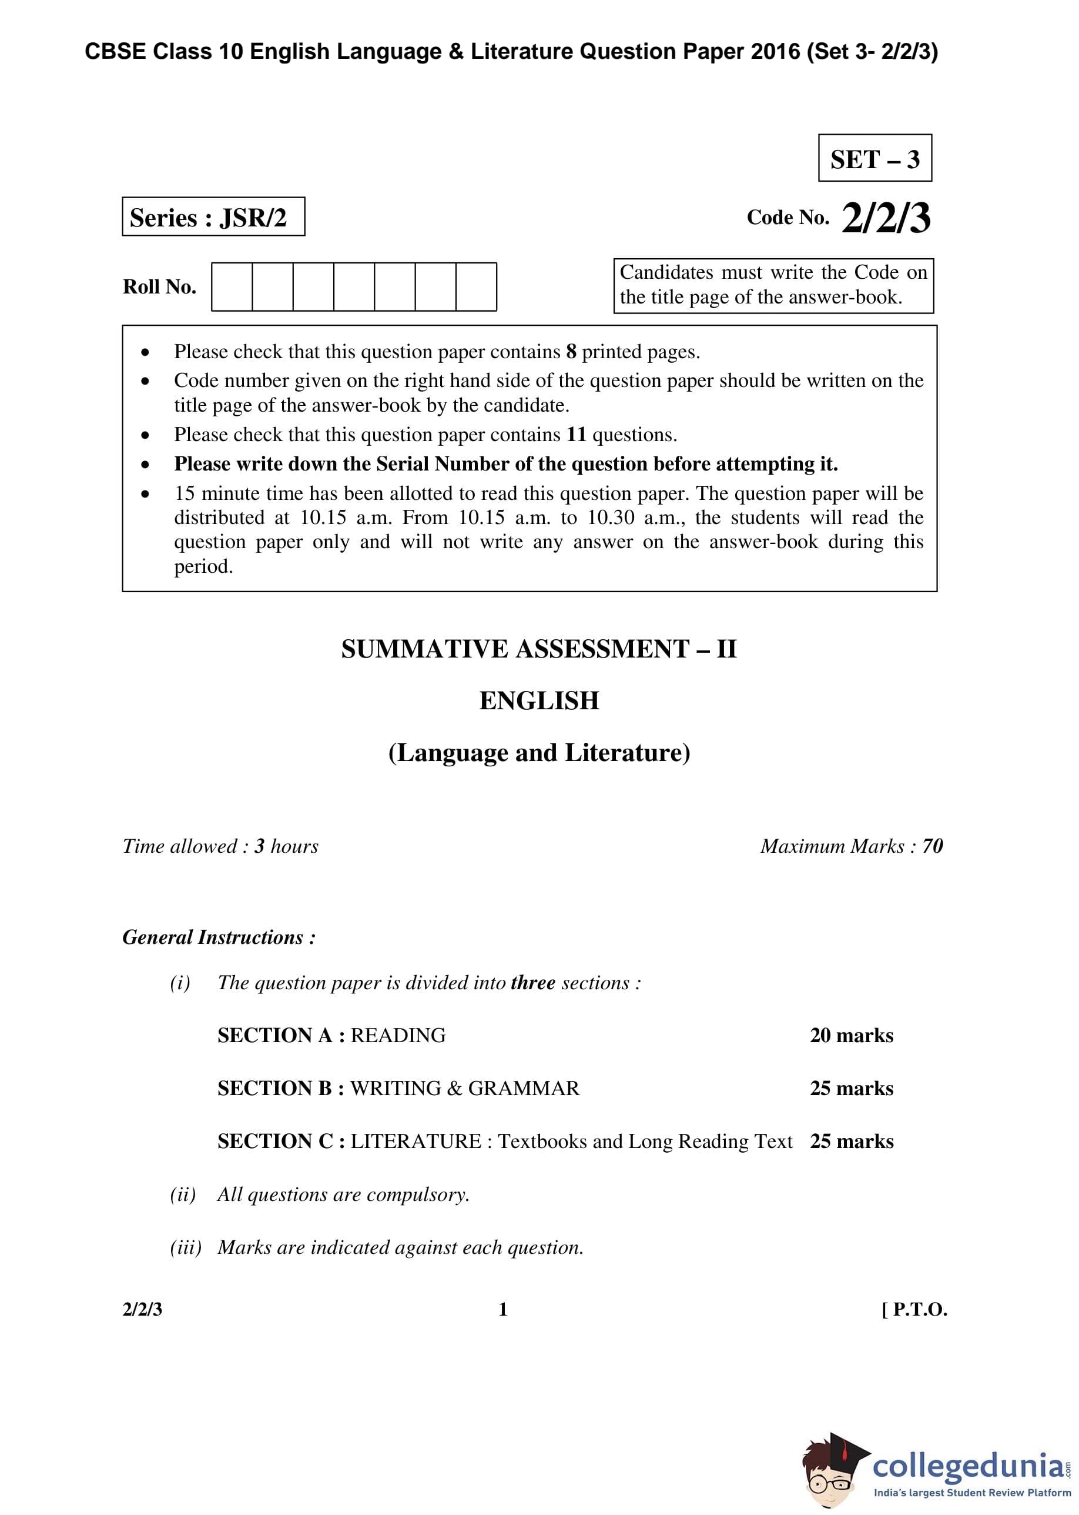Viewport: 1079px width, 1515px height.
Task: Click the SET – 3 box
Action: pyautogui.click(x=874, y=158)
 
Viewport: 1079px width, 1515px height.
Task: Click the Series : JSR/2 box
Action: pyautogui.click(x=213, y=216)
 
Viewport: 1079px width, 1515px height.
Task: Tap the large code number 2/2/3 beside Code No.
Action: pyautogui.click(x=886, y=218)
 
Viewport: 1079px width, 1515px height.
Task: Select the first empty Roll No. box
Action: pyautogui.click(x=232, y=286)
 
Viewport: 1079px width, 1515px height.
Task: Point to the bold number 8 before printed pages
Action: pyautogui.click(x=571, y=352)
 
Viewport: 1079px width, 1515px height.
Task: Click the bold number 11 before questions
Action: pyautogui.click(x=576, y=435)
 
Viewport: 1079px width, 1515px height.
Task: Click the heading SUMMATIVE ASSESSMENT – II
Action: pyautogui.click(x=539, y=649)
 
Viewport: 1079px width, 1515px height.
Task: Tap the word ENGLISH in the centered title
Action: pyautogui.click(x=539, y=700)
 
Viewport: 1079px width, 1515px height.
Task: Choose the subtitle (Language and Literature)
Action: pyautogui.click(x=539, y=753)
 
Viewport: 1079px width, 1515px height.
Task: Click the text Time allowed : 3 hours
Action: pyautogui.click(x=220, y=846)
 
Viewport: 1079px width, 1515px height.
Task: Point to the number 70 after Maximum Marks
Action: pyautogui.click(x=932, y=846)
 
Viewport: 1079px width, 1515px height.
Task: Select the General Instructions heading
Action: pyautogui.click(x=219, y=937)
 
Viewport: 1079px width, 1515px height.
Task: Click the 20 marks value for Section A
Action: pyautogui.click(x=851, y=1036)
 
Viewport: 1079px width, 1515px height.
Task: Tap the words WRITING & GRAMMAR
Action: pyautogui.click(x=464, y=1088)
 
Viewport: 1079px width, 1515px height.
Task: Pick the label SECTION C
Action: pyautogui.click(x=276, y=1142)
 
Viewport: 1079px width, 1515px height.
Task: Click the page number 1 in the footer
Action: pyautogui.click(x=503, y=1310)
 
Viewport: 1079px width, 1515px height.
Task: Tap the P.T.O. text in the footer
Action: pyautogui.click(x=919, y=1310)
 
